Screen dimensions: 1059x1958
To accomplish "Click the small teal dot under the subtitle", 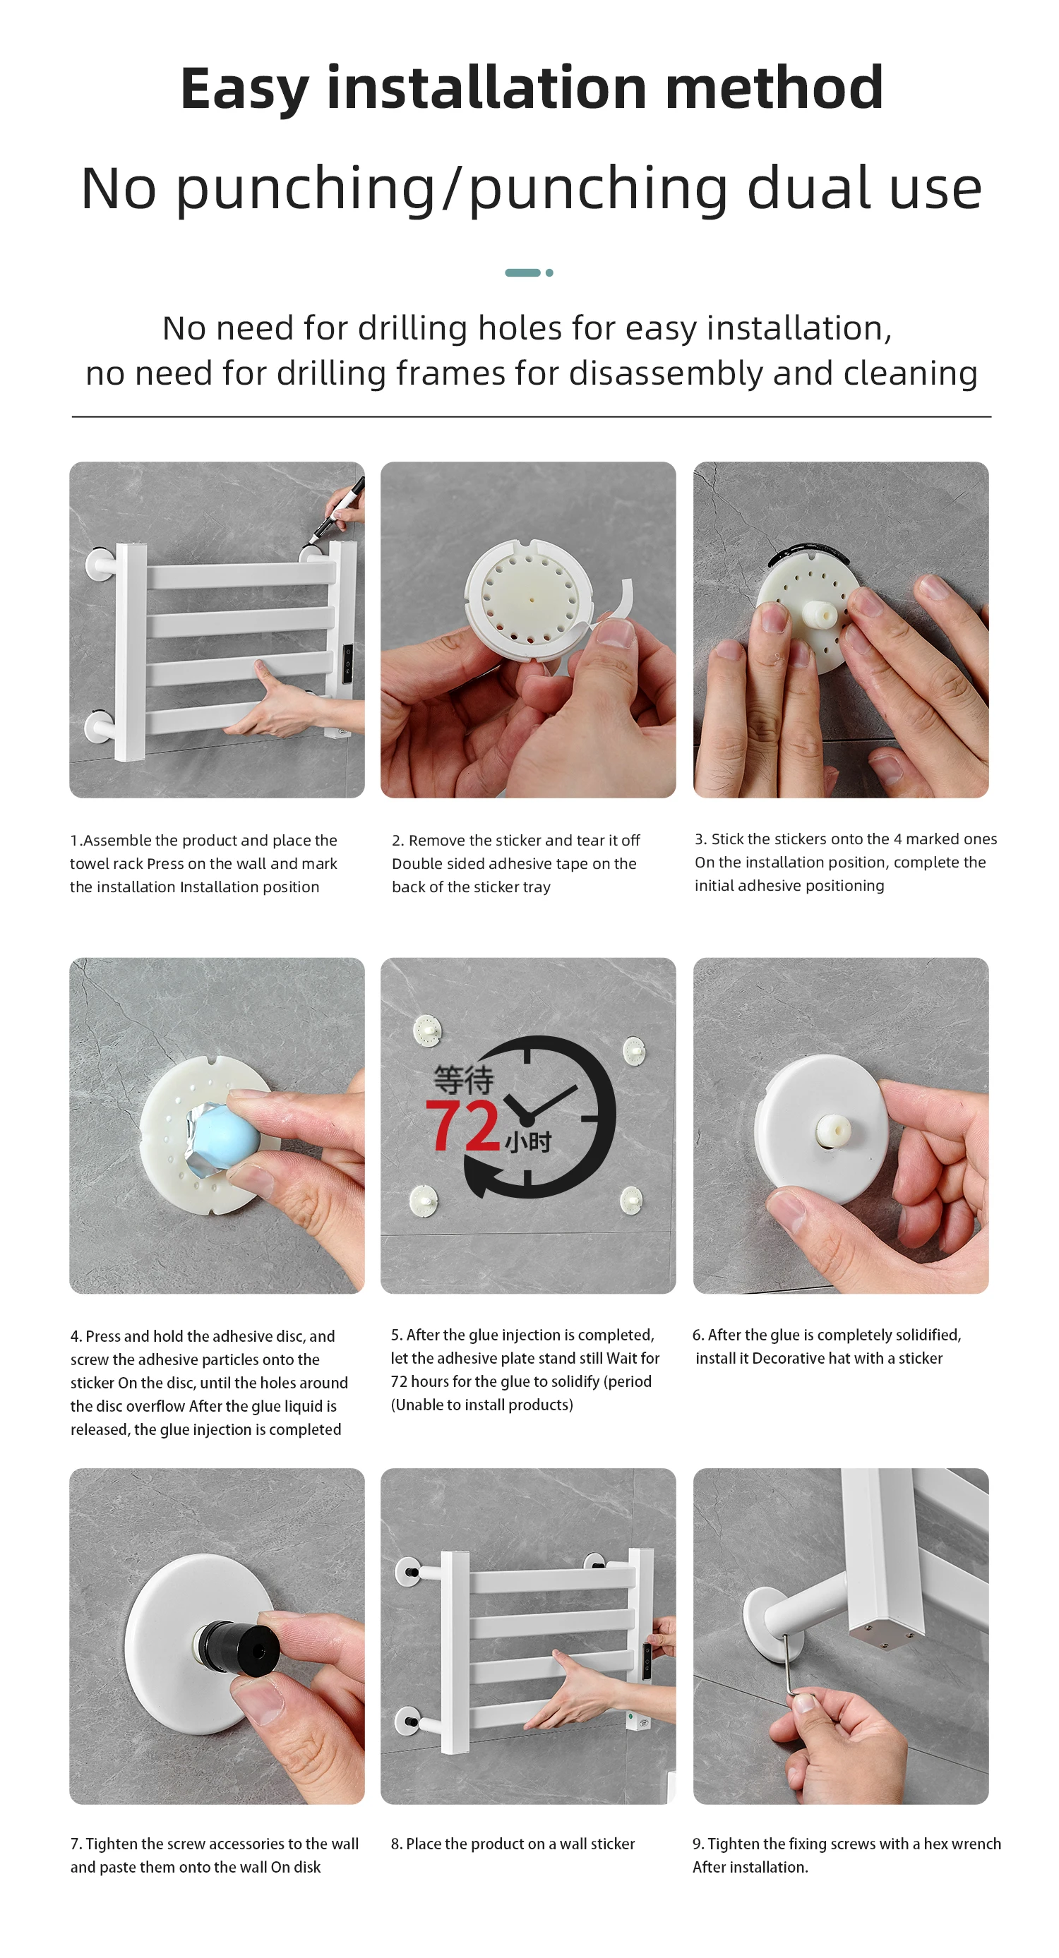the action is click(x=549, y=272).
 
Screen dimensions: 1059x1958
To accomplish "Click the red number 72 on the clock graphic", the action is click(x=462, y=1125).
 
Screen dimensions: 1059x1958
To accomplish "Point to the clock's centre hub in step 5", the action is click(x=526, y=1119).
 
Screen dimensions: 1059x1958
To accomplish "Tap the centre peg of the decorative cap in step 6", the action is click(x=833, y=1130).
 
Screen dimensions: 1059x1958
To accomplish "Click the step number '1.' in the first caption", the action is click(x=76, y=841).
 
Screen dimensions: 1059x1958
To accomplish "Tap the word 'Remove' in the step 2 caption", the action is click(x=436, y=841).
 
